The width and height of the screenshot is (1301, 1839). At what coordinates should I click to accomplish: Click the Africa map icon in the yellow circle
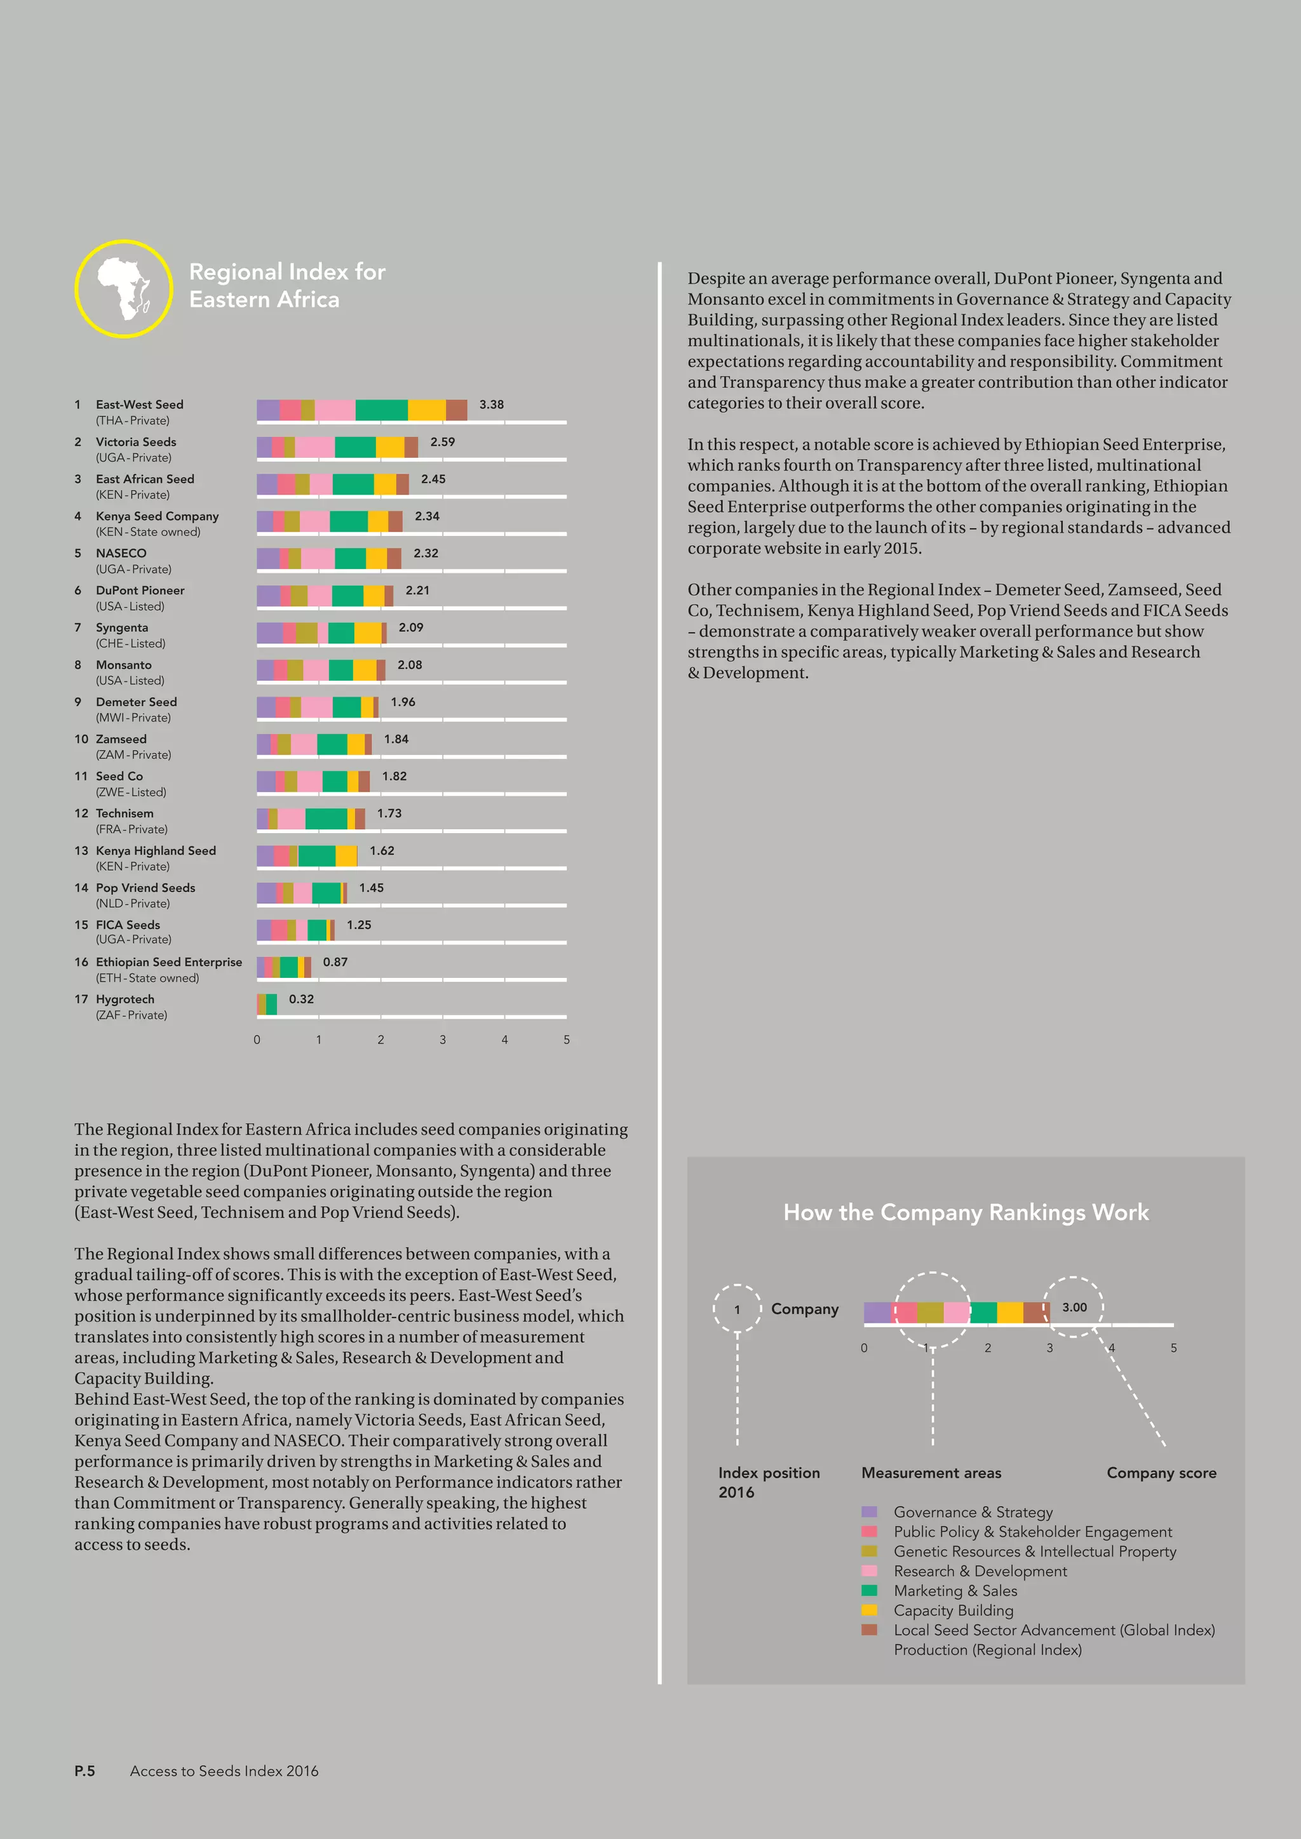click(123, 288)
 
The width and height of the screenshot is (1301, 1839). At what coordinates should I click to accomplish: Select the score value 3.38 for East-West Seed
click(491, 405)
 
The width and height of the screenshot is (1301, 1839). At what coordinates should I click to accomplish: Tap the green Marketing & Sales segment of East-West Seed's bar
click(381, 410)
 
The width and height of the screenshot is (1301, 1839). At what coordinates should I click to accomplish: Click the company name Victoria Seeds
click(136, 441)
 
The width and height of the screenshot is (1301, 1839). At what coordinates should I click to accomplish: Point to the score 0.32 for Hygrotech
click(301, 999)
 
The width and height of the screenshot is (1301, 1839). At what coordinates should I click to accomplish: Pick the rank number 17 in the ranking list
click(81, 999)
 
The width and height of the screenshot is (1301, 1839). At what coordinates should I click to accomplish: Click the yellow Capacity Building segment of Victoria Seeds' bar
click(390, 447)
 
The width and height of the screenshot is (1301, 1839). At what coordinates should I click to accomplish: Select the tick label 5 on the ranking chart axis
click(567, 1040)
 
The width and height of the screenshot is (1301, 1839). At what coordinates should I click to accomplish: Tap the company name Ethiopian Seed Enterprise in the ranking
click(169, 962)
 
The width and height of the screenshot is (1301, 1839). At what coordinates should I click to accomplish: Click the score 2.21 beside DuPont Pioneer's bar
click(417, 591)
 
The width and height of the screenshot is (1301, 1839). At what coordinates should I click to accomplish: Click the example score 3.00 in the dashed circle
click(1074, 1307)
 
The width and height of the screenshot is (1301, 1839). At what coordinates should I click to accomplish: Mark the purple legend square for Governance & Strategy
click(869, 1511)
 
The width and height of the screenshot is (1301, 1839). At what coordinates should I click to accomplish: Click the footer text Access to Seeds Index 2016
click(224, 1771)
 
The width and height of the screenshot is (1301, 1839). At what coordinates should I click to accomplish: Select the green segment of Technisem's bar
click(326, 819)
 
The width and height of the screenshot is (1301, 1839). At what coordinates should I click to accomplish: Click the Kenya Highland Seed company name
click(156, 851)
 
